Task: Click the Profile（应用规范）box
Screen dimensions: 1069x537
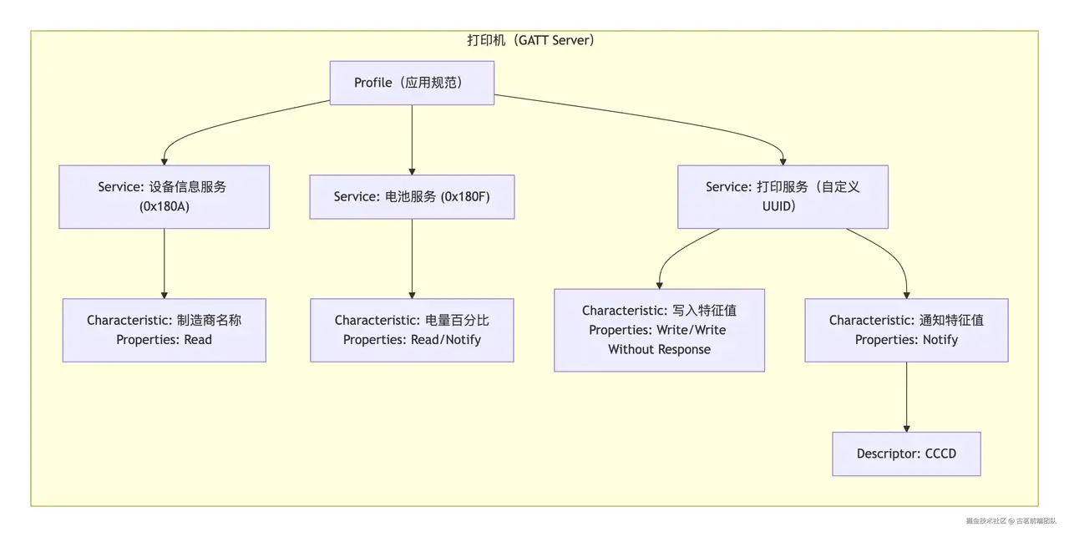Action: [x=412, y=83]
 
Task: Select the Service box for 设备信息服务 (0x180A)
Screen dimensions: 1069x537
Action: [x=165, y=196]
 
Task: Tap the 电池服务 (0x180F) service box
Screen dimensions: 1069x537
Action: [x=412, y=196]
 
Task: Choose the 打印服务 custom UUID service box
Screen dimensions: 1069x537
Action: [x=783, y=196]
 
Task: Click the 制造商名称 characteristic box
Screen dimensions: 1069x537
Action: [x=165, y=331]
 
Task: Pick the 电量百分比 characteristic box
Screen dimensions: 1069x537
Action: [x=412, y=331]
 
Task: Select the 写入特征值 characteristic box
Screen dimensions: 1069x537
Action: [x=659, y=331]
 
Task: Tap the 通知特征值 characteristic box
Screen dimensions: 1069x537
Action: [x=906, y=331]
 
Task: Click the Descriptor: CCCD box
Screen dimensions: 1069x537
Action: [x=906, y=454]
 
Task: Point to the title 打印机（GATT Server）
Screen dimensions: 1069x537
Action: [x=530, y=40]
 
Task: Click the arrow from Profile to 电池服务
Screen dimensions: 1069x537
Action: [x=412, y=139]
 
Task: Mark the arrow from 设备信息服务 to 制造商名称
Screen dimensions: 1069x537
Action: [x=165, y=263]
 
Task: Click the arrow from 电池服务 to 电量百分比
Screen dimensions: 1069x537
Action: [x=412, y=259]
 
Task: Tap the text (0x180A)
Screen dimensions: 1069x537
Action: [x=165, y=206]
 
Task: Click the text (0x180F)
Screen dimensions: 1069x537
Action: [x=465, y=196]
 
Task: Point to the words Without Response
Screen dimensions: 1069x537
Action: [x=659, y=349]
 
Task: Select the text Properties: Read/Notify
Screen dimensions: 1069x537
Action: [x=412, y=340]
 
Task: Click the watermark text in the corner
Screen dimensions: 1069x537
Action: [x=1011, y=521]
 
